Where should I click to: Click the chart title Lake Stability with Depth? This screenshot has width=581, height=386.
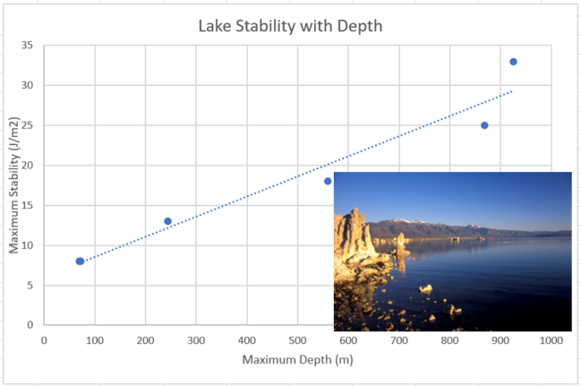(x=290, y=26)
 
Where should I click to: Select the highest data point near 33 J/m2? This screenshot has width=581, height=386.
(x=513, y=62)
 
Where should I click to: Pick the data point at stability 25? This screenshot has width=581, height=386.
(x=484, y=125)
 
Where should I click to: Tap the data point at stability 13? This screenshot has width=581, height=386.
(x=167, y=221)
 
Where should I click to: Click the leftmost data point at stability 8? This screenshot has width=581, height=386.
(x=80, y=261)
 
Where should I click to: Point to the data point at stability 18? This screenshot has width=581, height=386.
(x=328, y=181)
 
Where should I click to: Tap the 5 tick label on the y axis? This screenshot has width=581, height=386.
(x=30, y=285)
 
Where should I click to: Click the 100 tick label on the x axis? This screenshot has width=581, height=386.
(x=94, y=339)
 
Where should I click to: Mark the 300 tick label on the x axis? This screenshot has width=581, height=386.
(x=195, y=339)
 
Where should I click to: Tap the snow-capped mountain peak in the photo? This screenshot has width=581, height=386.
(x=405, y=220)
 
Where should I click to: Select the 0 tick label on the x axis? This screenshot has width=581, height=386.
(x=44, y=339)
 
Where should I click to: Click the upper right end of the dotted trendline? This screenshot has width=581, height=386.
(x=511, y=91)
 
